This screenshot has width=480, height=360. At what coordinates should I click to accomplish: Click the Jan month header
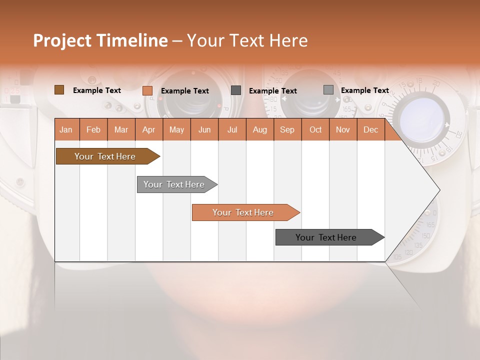pyautogui.click(x=66, y=129)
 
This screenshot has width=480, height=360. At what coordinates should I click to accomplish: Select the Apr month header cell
pyautogui.click(x=149, y=129)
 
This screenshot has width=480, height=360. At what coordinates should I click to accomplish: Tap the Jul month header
pyautogui.click(x=232, y=129)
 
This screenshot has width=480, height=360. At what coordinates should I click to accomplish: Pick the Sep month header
pyautogui.click(x=287, y=129)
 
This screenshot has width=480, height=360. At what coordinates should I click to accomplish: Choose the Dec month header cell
pyautogui.click(x=370, y=129)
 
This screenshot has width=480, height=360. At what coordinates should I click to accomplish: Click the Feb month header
pyautogui.click(x=93, y=129)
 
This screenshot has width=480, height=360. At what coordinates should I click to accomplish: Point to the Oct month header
pyautogui.click(x=315, y=129)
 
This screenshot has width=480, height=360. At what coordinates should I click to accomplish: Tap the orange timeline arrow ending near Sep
pyautogui.click(x=243, y=212)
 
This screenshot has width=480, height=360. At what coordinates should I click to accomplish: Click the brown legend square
pyautogui.click(x=59, y=90)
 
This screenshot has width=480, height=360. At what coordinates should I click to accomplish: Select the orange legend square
pyautogui.click(x=147, y=90)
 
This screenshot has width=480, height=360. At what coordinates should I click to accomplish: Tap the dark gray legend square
pyautogui.click(x=236, y=90)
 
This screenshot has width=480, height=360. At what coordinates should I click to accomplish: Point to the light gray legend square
pyautogui.click(x=328, y=90)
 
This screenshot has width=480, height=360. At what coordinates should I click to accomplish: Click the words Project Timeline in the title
pyautogui.click(x=100, y=40)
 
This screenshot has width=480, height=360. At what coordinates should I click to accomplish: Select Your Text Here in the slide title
pyautogui.click(x=247, y=40)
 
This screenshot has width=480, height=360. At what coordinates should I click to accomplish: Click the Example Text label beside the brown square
pyautogui.click(x=97, y=90)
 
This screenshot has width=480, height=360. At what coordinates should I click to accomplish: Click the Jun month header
pyautogui.click(x=204, y=129)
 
